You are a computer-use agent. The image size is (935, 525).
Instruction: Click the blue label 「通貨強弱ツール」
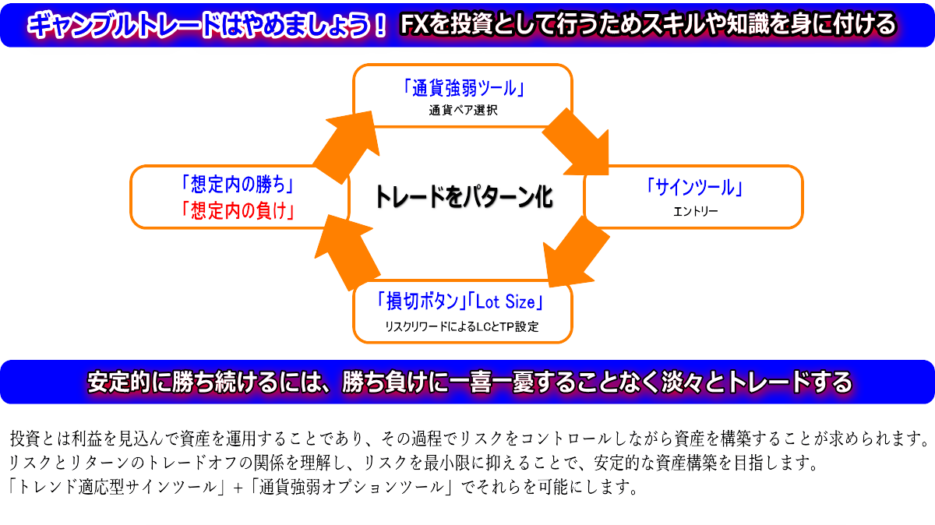[x=463, y=87]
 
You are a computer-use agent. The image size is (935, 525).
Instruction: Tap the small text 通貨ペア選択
[x=463, y=111]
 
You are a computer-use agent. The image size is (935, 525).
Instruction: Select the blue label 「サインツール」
[x=693, y=187]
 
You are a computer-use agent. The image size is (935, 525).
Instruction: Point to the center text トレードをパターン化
[x=464, y=196]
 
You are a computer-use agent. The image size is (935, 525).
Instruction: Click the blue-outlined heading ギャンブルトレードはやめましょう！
[x=207, y=25]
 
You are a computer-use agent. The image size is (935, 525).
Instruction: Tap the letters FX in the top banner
[x=412, y=25]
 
